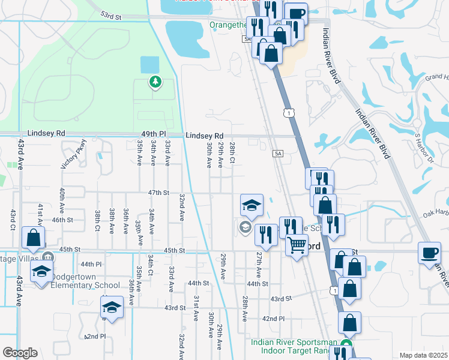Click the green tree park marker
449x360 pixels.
pyautogui.click(x=155, y=82)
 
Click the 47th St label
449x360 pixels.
pyautogui.click(x=159, y=192)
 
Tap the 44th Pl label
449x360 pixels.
pyautogui.click(x=91, y=264)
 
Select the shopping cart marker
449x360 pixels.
pyautogui.click(x=297, y=246)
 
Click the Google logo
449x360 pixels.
pyautogui.click(x=20, y=353)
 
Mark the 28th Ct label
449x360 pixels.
pyautogui.click(x=232, y=154)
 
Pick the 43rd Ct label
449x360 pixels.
pyautogui.click(x=12, y=220)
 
